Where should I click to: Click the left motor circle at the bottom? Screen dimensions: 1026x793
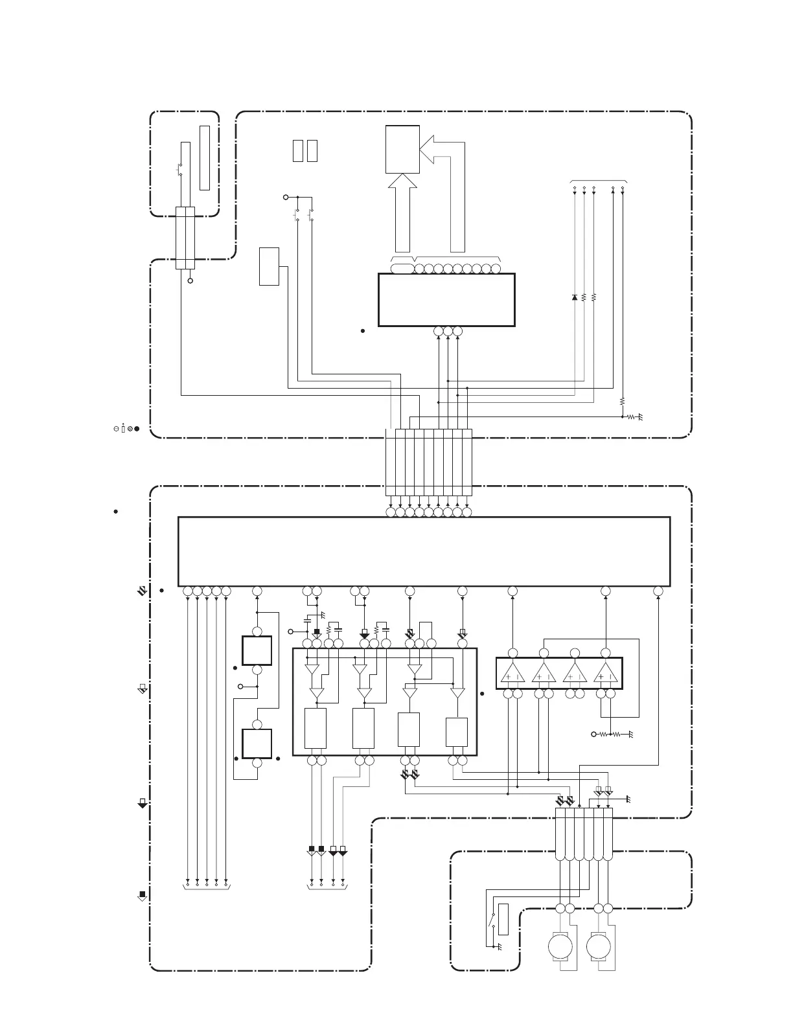click(560, 947)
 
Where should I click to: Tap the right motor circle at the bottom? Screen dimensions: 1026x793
click(599, 947)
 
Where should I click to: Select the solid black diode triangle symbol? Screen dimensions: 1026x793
click(575, 297)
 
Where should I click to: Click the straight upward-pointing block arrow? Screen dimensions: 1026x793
click(402, 214)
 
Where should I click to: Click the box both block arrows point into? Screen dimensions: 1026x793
click(402, 149)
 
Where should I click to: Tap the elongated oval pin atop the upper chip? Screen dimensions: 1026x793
click(403, 269)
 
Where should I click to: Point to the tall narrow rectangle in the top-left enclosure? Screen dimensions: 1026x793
click(205, 157)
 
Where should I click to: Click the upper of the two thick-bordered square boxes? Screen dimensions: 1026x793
click(257, 650)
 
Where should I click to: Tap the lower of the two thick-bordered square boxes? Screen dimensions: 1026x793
click(257, 743)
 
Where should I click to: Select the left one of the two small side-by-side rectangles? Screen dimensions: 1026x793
click(298, 150)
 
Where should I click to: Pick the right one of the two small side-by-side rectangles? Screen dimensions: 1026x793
click(312, 150)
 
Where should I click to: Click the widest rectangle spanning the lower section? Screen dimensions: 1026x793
click(424, 551)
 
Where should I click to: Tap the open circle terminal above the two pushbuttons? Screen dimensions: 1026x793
click(286, 196)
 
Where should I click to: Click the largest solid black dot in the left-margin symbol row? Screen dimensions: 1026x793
click(137, 428)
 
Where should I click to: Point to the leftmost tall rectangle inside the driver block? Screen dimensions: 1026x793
click(315, 729)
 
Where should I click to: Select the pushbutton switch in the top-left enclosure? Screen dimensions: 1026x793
click(179, 170)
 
